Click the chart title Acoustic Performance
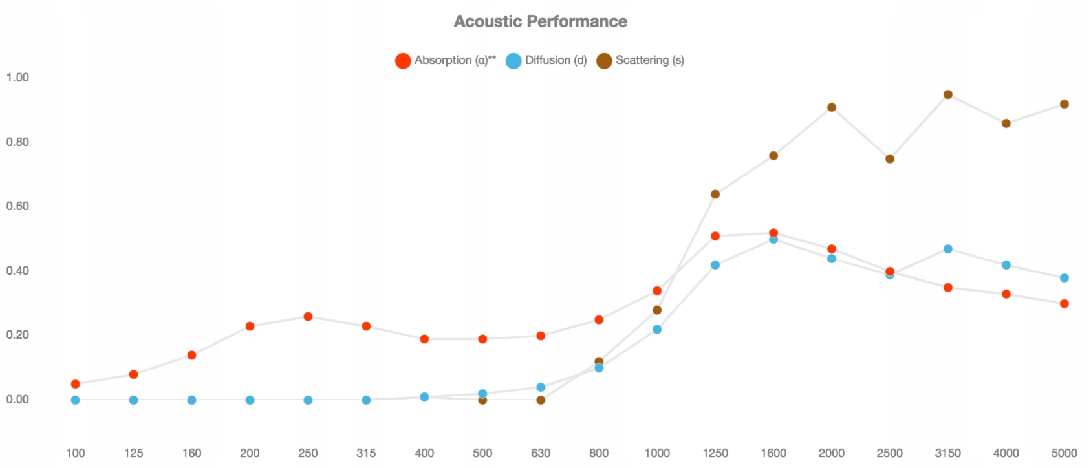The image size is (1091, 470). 540,21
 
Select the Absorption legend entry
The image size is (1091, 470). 446,60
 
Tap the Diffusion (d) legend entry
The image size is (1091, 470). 546,60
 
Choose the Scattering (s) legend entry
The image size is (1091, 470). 640,60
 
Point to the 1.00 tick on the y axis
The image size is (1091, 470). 17,78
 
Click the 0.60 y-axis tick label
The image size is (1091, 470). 17,206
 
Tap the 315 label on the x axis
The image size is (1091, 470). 366,453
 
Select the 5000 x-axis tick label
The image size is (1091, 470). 1064,453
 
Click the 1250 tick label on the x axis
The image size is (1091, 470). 715,453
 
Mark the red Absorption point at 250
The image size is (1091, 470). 308,317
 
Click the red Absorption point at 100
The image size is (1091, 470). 76,384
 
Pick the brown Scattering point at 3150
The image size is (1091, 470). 948,94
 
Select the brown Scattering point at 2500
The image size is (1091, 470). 890,159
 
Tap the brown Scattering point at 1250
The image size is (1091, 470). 715,195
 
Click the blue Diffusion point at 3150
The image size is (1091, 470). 948,249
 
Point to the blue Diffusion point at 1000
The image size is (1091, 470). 657,330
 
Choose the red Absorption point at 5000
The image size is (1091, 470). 1064,304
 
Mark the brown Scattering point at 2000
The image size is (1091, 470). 832,107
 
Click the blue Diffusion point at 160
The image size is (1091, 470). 191,400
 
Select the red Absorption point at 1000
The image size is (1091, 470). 657,291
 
